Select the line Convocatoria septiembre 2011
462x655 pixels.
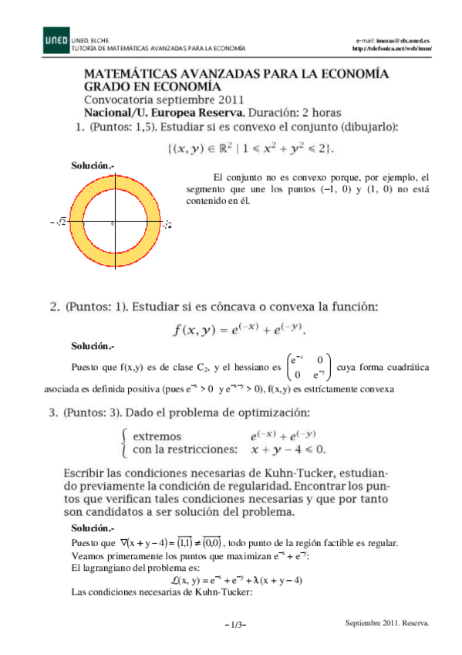click(x=164, y=99)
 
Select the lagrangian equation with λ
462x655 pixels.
click(x=236, y=580)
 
